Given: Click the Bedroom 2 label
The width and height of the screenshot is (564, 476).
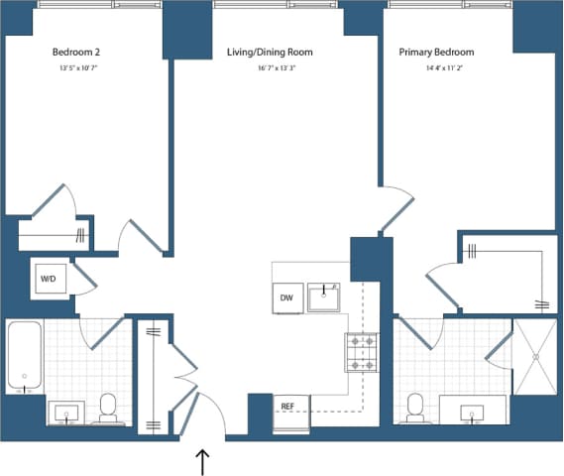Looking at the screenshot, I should pos(78,52).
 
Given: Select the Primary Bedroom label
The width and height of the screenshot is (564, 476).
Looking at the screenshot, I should pos(436,52).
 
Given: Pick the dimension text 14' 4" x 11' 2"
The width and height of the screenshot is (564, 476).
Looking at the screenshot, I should pos(436,68).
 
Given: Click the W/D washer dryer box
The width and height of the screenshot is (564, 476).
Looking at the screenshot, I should pos(49,279).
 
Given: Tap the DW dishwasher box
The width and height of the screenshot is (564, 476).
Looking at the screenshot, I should pos(286,297).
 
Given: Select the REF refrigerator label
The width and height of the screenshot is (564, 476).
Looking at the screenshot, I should pos(287,407).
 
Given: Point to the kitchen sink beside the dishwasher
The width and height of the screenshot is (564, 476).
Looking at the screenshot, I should pos(324,297).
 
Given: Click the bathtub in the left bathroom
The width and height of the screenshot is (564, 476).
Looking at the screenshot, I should pos(24,356).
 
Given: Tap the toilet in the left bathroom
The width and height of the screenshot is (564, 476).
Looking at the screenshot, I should pos(108,408).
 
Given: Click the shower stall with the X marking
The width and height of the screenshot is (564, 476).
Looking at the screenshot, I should pos(536,357).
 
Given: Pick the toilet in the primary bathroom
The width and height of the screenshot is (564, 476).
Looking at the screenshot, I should pos(416,407).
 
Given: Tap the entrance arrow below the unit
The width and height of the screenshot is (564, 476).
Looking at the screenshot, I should pos(204,461).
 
